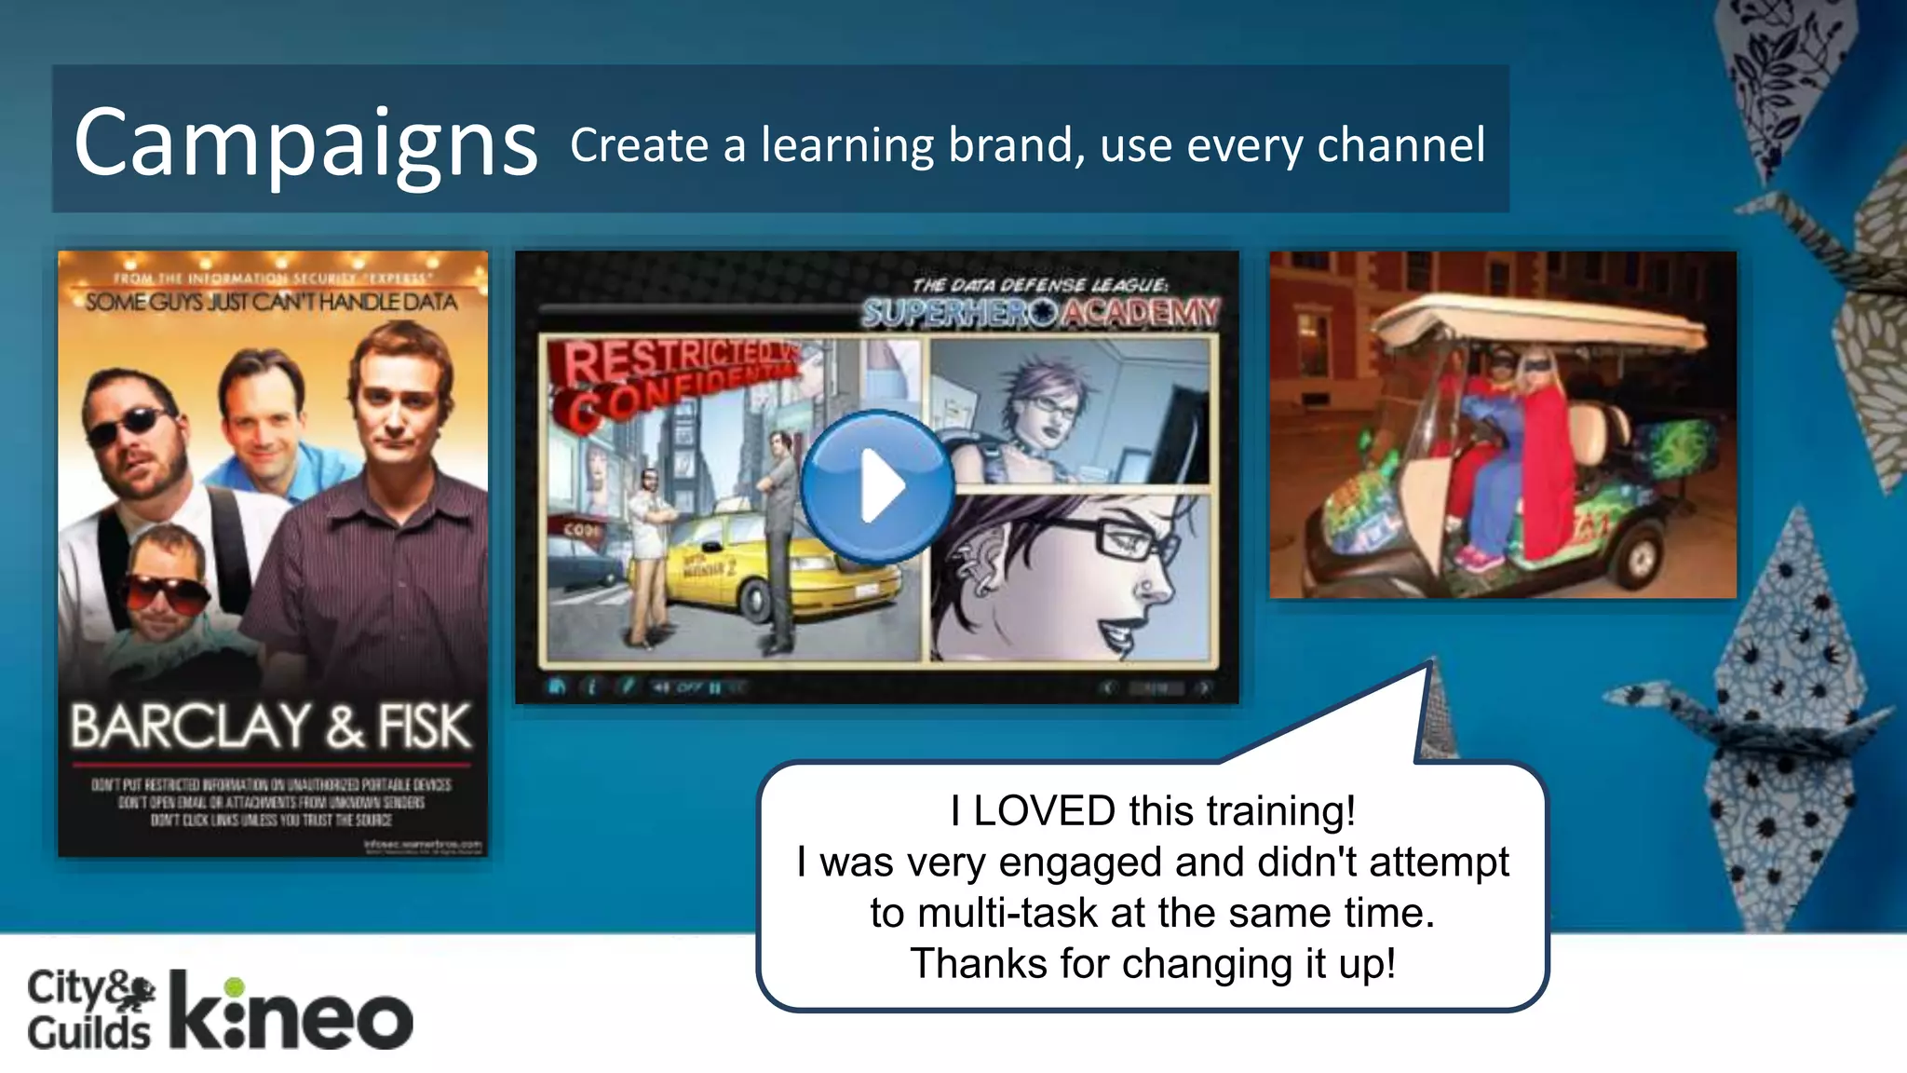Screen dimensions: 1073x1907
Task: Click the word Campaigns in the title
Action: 305,143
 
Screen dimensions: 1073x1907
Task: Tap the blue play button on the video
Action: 877,485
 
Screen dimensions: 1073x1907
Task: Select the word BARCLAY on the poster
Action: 190,727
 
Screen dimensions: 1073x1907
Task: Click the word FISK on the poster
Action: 424,727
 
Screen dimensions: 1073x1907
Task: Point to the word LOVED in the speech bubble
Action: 1044,810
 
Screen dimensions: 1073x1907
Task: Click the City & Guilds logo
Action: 89,1010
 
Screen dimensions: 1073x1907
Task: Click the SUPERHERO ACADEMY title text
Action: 1039,313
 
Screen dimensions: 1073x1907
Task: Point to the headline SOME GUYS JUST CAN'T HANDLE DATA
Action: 271,302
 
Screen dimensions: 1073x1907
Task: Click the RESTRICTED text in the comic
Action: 670,359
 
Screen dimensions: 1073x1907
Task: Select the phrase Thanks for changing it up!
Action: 1153,964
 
